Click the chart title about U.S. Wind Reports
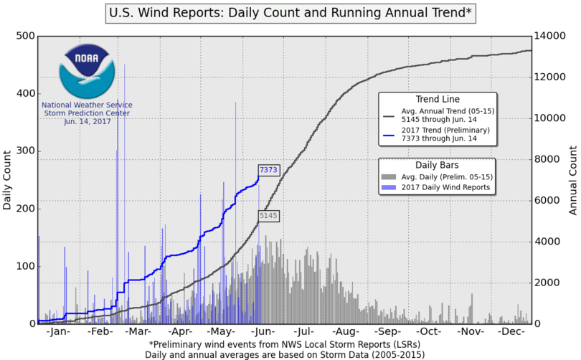tap(290, 13)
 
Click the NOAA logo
tap(86, 70)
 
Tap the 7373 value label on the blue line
tap(268, 170)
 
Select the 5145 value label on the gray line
tap(268, 214)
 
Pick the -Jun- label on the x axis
tap(263, 333)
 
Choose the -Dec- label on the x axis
tap(511, 333)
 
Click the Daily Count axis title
tap(8, 180)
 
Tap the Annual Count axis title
tap(573, 180)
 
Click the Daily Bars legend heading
tap(438, 164)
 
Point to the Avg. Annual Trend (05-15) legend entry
tap(449, 111)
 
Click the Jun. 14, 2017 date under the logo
tap(86, 122)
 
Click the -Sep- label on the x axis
tap(387, 333)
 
